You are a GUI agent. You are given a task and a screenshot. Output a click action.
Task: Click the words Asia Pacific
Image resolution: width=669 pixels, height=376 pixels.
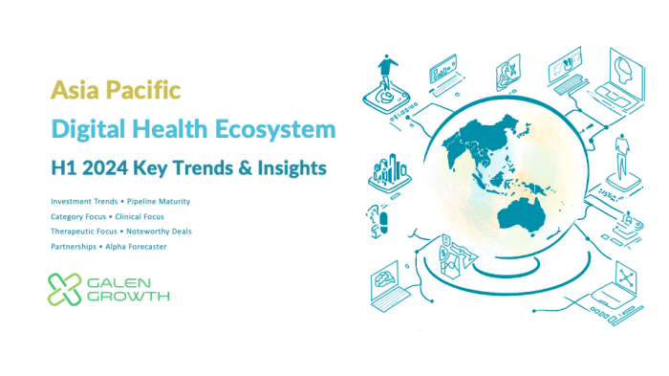116,91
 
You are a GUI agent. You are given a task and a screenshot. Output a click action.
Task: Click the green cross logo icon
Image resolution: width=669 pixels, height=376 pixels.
65,288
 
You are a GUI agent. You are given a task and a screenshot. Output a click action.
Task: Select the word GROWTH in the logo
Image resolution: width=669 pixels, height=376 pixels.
128,297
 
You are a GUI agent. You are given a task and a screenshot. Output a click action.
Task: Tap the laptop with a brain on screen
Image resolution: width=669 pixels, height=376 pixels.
392,284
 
